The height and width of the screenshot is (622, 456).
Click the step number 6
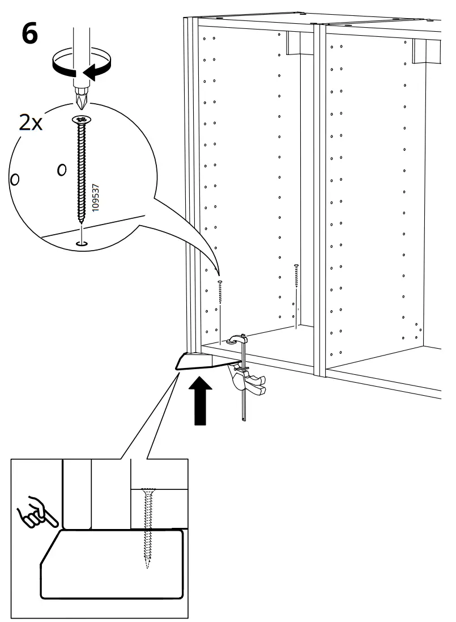[30, 33]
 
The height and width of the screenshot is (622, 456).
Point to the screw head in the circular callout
[82, 120]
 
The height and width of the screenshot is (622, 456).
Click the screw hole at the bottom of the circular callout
[82, 244]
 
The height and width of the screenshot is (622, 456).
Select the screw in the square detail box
[148, 524]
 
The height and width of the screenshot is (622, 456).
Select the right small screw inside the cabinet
[296, 281]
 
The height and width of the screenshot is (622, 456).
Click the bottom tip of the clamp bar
[244, 419]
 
